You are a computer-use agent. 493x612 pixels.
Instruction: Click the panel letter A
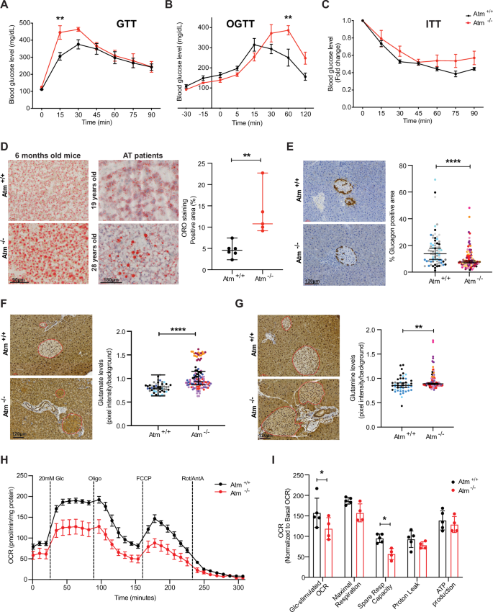(x=6, y=6)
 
